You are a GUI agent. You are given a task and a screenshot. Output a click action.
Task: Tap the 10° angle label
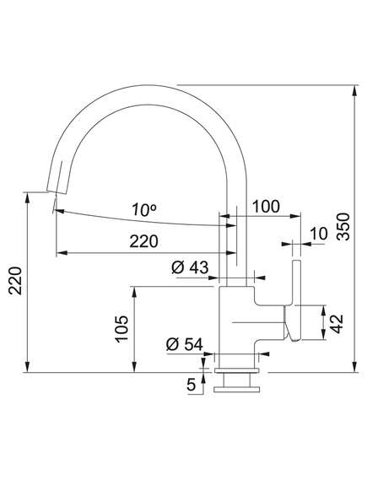point(144,209)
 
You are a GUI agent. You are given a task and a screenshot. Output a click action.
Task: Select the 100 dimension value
point(266,207)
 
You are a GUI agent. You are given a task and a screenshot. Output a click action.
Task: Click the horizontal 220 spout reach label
point(143,241)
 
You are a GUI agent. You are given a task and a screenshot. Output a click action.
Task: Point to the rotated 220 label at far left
point(15,281)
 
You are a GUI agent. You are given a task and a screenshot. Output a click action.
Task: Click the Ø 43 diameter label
point(190,267)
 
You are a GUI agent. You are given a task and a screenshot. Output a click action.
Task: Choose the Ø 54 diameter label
point(185,345)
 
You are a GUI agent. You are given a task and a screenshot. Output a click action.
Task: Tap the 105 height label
point(121,329)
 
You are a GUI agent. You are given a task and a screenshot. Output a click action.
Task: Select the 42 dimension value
point(337,323)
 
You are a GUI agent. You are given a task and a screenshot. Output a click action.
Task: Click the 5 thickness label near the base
point(191,385)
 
